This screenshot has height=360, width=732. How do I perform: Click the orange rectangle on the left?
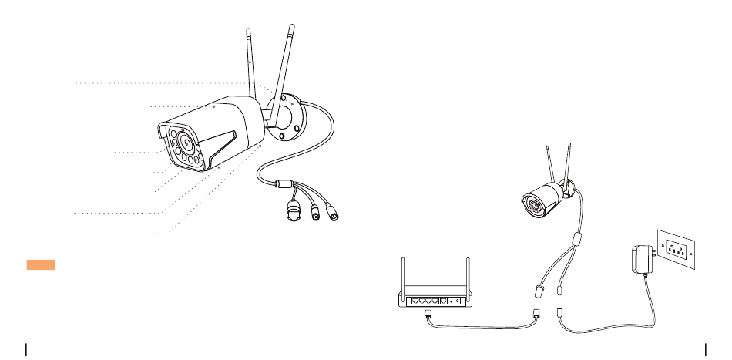(x=41, y=265)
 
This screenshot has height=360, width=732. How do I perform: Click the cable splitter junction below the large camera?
(x=282, y=183)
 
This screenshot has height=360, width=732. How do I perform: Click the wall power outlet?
(x=676, y=250)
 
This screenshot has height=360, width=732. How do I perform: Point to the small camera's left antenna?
(x=549, y=163)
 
